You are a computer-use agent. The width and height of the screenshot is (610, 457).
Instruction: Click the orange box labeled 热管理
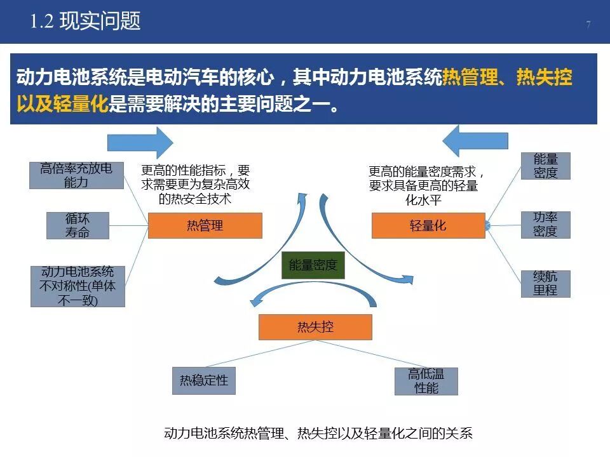point(205,225)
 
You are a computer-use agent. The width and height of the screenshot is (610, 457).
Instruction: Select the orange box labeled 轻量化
point(428,225)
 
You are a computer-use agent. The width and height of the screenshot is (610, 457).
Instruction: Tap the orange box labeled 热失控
point(315,327)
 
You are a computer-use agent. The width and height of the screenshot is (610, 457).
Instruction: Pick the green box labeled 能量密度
point(313,265)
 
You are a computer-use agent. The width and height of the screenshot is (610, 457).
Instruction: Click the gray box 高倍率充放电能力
point(76,175)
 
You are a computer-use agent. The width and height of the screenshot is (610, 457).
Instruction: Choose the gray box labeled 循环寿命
point(78,225)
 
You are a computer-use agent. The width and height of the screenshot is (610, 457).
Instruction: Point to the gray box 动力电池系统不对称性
point(78,286)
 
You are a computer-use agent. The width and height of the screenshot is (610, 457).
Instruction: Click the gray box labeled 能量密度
point(545,166)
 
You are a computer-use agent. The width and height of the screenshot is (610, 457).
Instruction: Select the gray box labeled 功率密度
point(545,225)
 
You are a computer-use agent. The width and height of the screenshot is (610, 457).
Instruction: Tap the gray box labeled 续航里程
point(545,284)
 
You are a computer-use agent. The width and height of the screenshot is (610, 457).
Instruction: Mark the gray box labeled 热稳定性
point(203,381)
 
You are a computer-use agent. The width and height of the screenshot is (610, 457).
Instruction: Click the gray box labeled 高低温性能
point(426,381)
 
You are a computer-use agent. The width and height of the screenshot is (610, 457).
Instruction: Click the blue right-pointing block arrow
point(140,142)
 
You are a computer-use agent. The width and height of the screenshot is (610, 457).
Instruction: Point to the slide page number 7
point(588,25)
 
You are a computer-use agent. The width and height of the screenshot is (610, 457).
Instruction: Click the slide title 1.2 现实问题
point(85,22)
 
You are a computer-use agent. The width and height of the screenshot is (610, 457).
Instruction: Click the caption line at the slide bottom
point(318,434)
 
